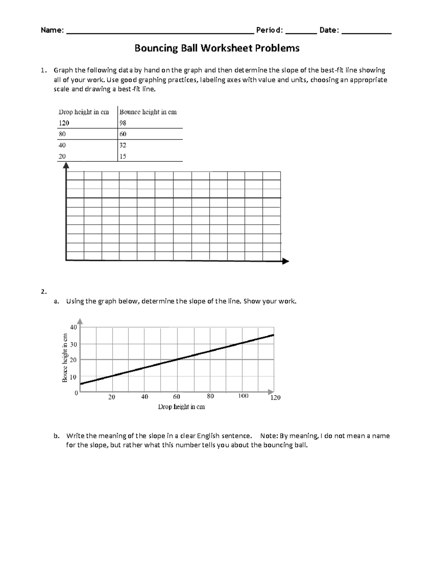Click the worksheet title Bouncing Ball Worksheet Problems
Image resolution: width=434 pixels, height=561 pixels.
[217, 48]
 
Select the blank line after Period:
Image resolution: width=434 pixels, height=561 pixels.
[301, 32]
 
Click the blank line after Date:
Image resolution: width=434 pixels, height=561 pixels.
[366, 32]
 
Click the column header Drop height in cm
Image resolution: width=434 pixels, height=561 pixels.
[84, 112]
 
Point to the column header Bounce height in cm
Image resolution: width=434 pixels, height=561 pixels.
[148, 112]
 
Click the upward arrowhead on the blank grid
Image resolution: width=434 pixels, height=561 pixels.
[66, 165]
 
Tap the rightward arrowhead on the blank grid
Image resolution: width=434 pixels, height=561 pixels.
[285, 261]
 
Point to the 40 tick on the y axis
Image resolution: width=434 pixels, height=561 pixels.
[73, 327]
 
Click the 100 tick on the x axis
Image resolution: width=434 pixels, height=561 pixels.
[243, 396]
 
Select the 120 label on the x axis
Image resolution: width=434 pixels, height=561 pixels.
[275, 398]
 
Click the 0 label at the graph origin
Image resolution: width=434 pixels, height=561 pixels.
[76, 393]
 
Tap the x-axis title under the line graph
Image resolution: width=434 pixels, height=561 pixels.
[181, 407]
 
